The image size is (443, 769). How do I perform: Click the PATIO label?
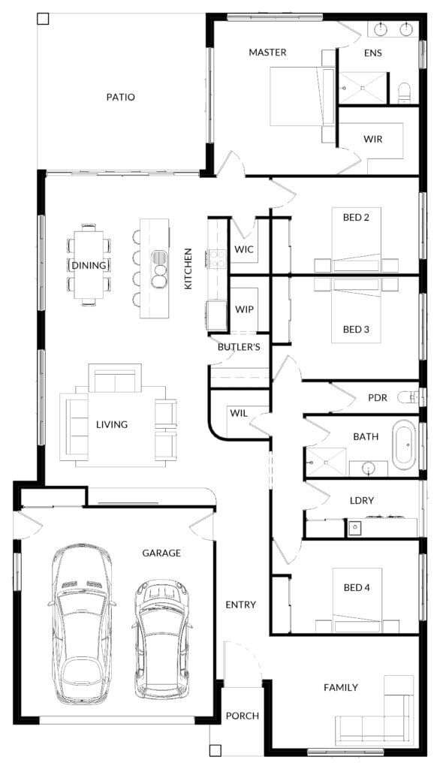pyautogui.click(x=121, y=97)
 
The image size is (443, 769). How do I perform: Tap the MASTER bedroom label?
pyautogui.click(x=267, y=52)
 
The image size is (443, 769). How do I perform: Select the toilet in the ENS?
pyautogui.click(x=404, y=93)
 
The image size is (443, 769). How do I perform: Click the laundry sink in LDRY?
pyautogui.click(x=354, y=528)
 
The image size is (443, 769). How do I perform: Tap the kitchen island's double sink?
pyautogui.click(x=159, y=276)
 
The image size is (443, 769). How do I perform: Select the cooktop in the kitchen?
pyautogui.click(x=218, y=259)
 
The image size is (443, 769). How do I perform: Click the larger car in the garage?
pyautogui.click(x=82, y=623)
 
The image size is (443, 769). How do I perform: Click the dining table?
pyautogui.click(x=89, y=265)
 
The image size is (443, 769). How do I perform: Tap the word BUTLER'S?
pyautogui.click(x=239, y=347)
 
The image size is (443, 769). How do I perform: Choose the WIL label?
pyautogui.click(x=239, y=414)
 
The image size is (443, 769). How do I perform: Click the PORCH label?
pyautogui.click(x=243, y=716)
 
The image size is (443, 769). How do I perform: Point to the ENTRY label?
pyautogui.click(x=240, y=605)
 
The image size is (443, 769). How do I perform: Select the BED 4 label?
pyautogui.click(x=357, y=587)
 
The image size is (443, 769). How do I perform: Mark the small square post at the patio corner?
pyautogui.click(x=43, y=19)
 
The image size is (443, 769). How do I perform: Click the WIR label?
pyautogui.click(x=373, y=139)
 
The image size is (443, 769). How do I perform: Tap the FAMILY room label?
pyautogui.click(x=340, y=688)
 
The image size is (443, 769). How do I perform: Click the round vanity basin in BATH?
pyautogui.click(x=369, y=469)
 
